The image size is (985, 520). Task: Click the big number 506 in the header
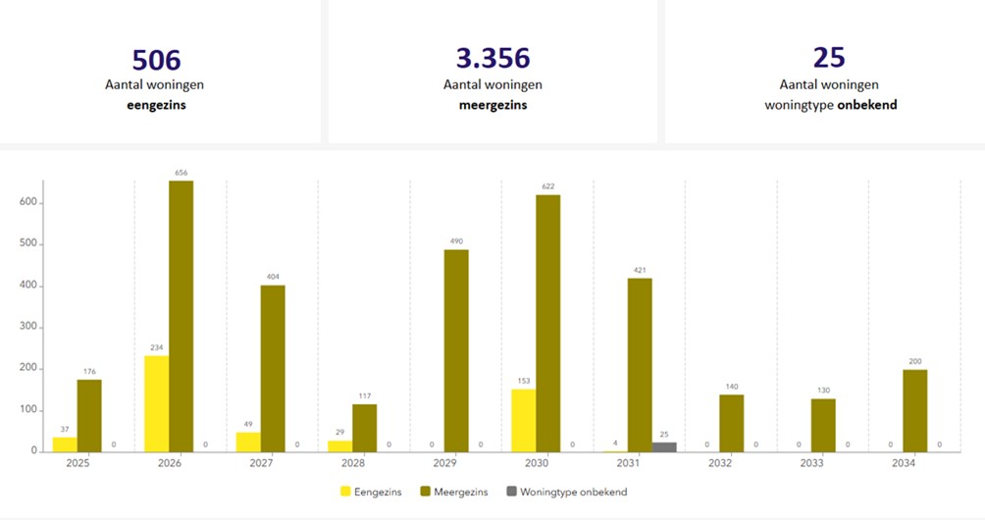156,59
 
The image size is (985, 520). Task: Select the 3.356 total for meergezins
492,59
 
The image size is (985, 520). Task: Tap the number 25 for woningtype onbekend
829,57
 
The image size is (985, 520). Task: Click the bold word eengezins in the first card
156,105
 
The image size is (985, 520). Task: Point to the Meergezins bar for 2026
181,316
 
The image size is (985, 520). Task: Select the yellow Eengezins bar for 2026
156,403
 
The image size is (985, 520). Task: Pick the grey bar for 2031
664,446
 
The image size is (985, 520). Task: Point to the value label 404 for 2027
273,277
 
